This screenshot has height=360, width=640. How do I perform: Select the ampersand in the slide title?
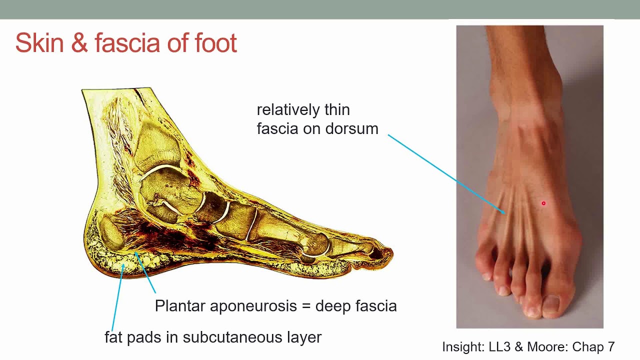point(79,43)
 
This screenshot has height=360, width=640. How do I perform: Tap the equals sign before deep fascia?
point(307,306)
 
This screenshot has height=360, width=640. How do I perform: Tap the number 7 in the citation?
point(610,346)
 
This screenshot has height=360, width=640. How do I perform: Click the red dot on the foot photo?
point(543,203)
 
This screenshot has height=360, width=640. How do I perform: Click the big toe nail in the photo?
point(551,303)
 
